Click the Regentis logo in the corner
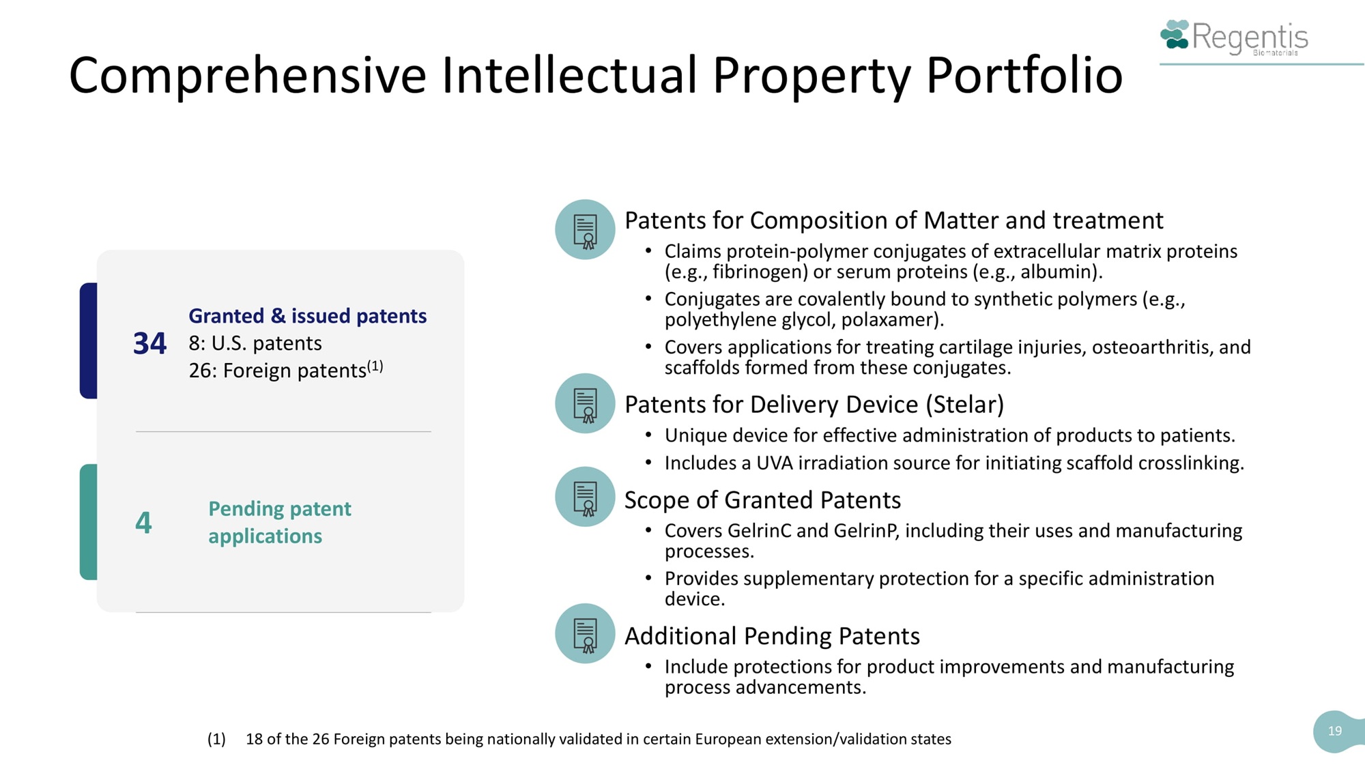coord(1234,37)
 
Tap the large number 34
coord(149,343)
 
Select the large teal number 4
coord(143,523)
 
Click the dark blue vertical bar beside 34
coord(89,341)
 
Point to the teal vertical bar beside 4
coord(89,522)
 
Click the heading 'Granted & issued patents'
coord(308,316)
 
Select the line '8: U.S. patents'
coord(255,343)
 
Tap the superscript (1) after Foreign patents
coord(375,366)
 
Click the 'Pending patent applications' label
coord(280,523)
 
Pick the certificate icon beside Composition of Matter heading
coord(585,229)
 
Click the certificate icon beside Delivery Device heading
coord(585,403)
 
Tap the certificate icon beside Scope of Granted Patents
coord(585,497)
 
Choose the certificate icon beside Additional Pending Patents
coord(585,633)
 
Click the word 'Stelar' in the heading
coord(965,405)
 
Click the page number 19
coord(1335,731)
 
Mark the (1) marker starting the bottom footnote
coord(216,739)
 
